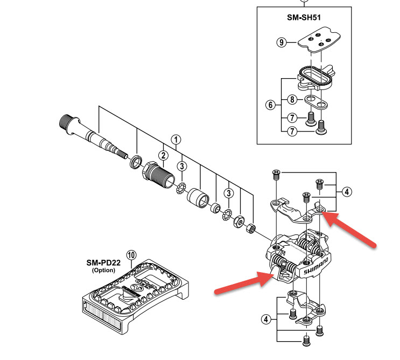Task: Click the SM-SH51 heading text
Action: (304, 17)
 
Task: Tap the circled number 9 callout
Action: (282, 42)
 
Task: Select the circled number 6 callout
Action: (270, 105)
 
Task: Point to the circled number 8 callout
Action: (292, 99)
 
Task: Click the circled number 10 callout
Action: (131, 255)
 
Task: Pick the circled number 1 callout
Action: (176, 140)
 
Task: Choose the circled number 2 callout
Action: (163, 155)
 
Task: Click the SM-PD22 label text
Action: (103, 262)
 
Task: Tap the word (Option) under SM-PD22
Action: (103, 270)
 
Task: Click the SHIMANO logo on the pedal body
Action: (316, 266)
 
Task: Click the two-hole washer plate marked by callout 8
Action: (317, 102)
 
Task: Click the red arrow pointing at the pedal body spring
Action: (244, 282)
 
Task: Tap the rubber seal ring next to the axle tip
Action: (136, 161)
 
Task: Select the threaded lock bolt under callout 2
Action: (158, 175)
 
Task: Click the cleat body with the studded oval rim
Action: (315, 78)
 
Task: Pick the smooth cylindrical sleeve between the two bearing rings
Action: (198, 198)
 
